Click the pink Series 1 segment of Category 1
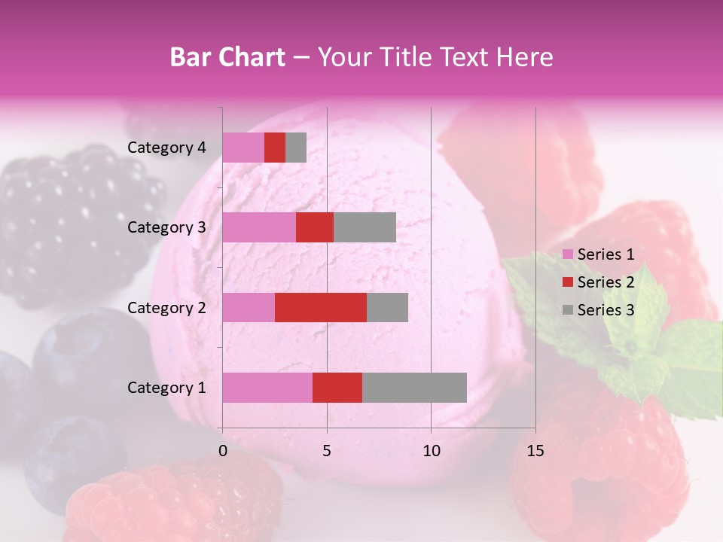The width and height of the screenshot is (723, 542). (267, 388)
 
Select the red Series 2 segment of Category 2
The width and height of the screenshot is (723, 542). (321, 307)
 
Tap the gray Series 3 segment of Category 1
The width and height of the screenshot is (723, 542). (414, 388)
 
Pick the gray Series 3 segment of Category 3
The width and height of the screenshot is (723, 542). (365, 227)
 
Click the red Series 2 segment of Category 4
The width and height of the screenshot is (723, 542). (275, 148)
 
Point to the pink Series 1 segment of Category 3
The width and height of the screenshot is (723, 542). (259, 227)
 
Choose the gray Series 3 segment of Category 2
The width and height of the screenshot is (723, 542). (387, 307)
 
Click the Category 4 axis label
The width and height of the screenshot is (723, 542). (166, 148)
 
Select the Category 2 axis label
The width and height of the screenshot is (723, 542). (166, 307)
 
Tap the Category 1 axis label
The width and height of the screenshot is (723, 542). (166, 388)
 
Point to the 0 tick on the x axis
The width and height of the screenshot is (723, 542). (223, 451)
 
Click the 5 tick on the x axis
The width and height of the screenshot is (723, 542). (327, 451)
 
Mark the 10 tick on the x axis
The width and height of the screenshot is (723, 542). (431, 451)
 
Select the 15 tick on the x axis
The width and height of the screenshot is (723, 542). (535, 451)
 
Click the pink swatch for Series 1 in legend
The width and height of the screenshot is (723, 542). (567, 254)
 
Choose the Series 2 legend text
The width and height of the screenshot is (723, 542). (606, 282)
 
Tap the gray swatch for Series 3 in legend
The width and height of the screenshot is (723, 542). (567, 310)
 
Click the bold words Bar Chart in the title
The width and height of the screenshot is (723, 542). (227, 56)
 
